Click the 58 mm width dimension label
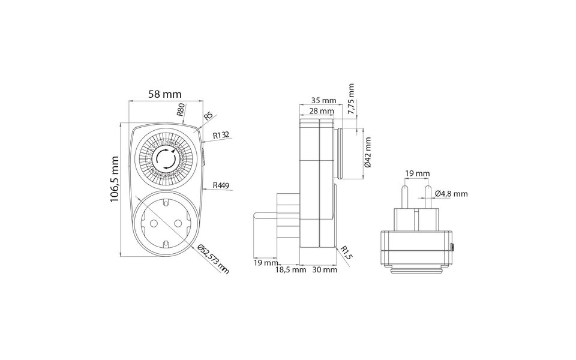point(165,94)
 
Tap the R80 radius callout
point(181,109)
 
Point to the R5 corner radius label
point(208,116)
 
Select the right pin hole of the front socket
point(178,223)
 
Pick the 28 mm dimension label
point(322,111)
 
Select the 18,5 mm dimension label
point(291,270)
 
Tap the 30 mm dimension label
point(325,270)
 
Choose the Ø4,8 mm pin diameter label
point(451,193)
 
